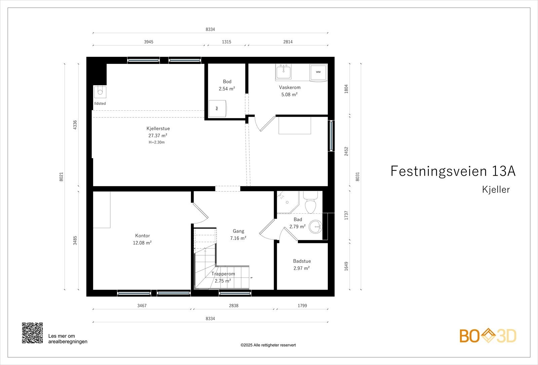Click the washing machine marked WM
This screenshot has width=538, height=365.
(318, 72)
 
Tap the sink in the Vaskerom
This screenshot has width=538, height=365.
(283, 72)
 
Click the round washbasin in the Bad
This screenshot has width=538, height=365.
(315, 227)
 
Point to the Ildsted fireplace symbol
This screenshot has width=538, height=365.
(100, 92)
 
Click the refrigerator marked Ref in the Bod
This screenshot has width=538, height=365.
(217, 109)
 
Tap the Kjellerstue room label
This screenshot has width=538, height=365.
(158, 129)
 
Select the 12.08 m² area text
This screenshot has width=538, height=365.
(142, 243)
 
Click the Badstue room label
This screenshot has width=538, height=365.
(302, 261)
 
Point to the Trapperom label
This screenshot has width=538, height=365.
(223, 274)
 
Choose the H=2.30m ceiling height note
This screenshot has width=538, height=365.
(157, 142)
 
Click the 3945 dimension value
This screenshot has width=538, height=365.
(149, 42)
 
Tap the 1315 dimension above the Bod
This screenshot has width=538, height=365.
(227, 42)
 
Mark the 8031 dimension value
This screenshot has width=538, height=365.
(357, 177)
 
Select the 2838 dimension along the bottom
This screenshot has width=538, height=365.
(234, 306)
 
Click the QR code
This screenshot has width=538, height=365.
(32, 333)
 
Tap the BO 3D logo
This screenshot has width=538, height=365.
(488, 336)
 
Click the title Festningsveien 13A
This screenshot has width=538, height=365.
(453, 171)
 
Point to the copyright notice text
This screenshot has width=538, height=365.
(268, 345)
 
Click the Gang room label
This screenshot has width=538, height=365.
(238, 231)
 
